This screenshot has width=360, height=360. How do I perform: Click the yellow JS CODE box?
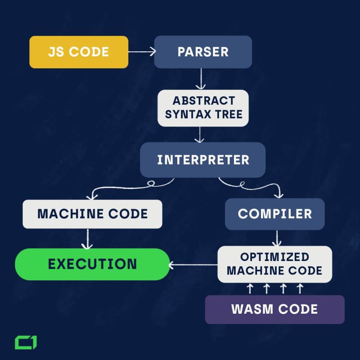pos(79,52)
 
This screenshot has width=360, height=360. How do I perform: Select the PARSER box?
pos(203,52)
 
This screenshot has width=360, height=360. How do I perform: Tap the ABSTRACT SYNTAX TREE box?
pos(203,108)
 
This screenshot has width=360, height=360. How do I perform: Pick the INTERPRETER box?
pos(203,160)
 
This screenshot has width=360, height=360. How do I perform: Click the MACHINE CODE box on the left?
pos(92,214)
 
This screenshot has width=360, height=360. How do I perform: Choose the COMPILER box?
pos(274,214)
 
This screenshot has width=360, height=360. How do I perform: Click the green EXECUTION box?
pos(92,264)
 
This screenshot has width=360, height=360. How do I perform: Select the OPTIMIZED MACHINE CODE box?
pos(274,264)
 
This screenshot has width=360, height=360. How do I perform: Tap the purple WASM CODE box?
pos(274,309)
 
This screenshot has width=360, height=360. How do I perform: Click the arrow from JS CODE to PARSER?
pos(141,52)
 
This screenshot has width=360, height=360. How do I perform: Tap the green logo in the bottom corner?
pos(26,342)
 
